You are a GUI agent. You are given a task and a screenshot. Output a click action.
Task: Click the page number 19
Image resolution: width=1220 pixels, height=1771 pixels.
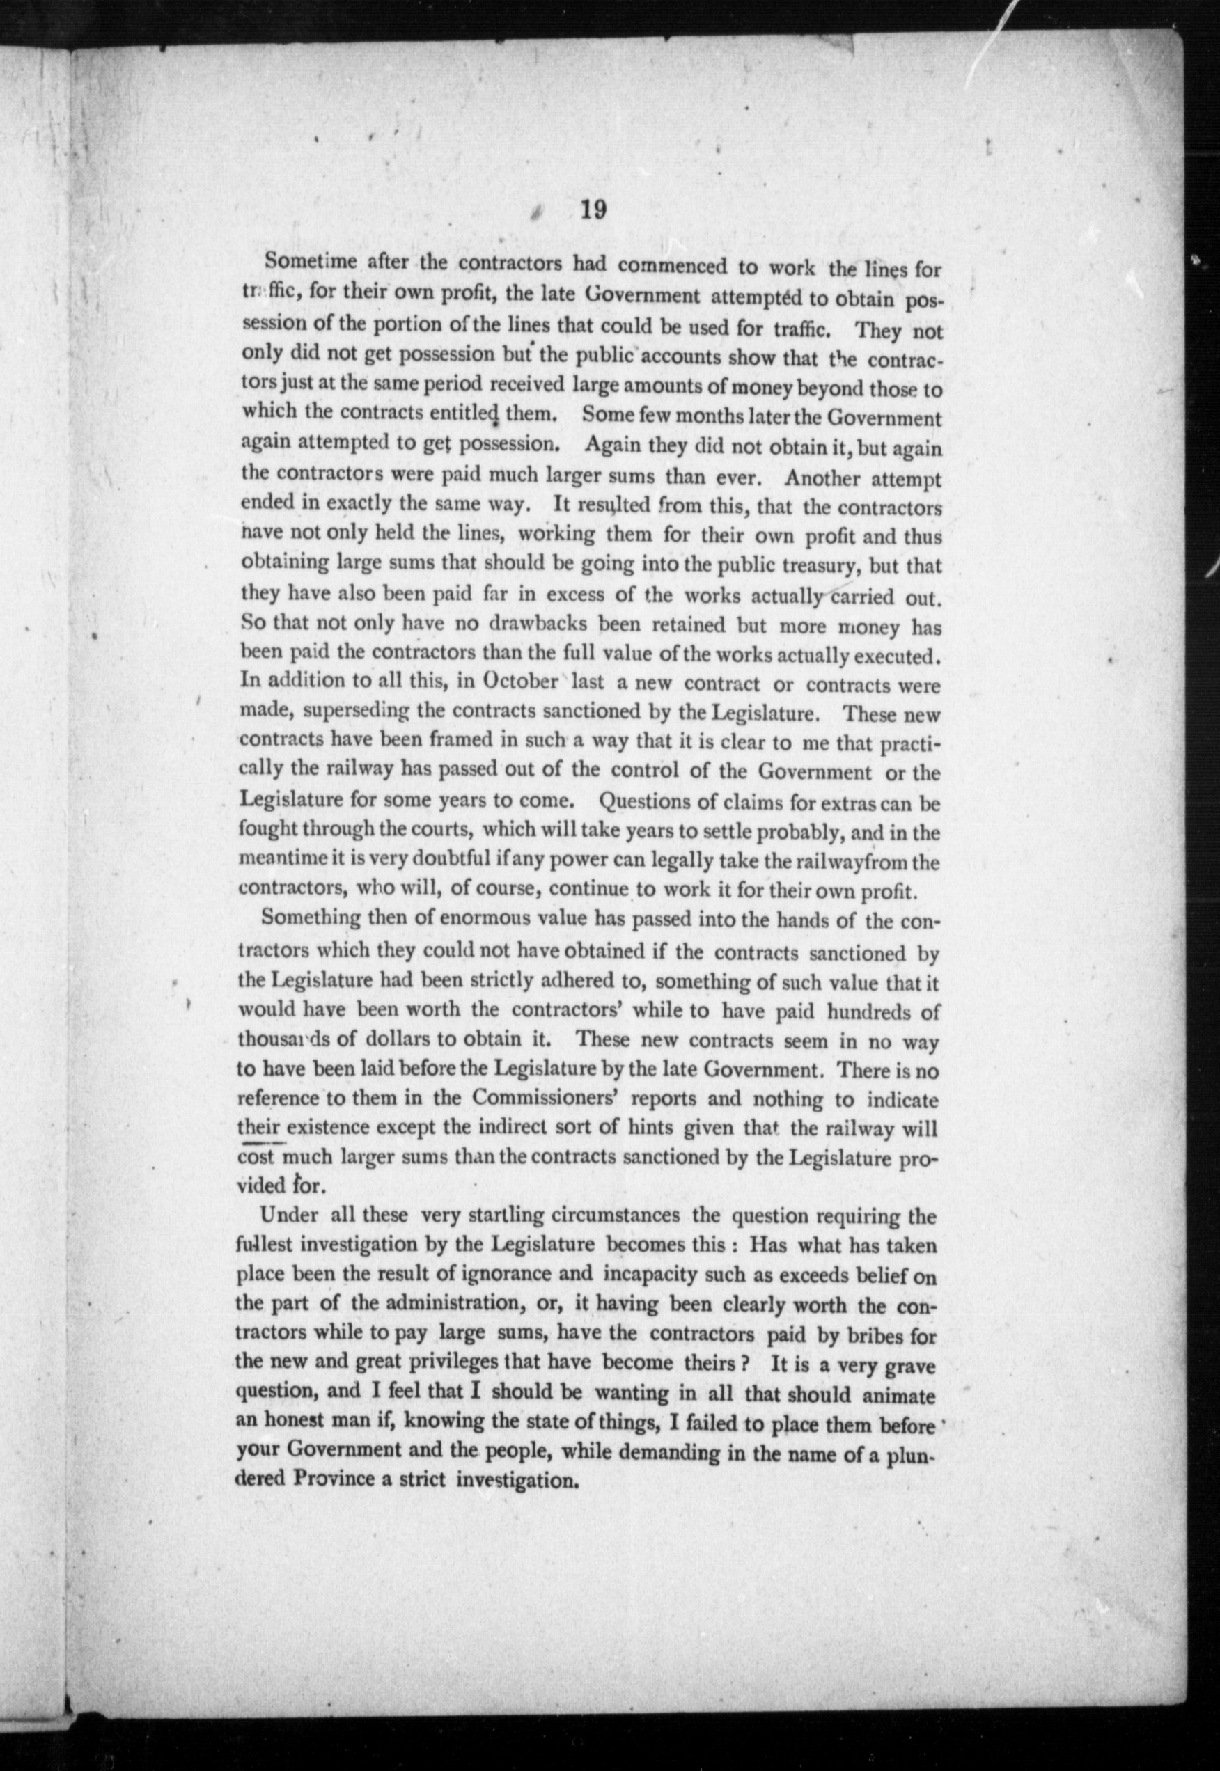tap(593, 209)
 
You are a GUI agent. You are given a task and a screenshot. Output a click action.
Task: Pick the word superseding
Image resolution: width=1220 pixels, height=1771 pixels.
tap(357, 711)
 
